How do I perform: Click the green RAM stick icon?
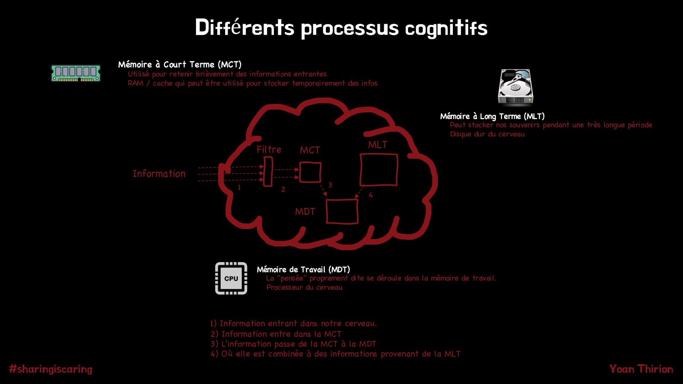pos(76,73)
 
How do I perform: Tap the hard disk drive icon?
pos(515,87)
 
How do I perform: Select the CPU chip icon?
pos(231,278)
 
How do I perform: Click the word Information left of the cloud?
pos(159,174)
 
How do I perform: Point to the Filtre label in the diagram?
pos(269,150)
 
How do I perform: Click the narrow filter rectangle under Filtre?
pos(268,172)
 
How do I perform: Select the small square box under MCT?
pos(310,172)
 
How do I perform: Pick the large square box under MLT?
pos(378,170)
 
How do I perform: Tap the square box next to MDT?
pos(342,212)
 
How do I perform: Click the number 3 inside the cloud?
pos(330,185)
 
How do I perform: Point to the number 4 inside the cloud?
pos(371,195)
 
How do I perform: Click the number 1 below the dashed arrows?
pos(239,187)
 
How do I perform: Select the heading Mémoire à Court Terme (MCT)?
pos(180,65)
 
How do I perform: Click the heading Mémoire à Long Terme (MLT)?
pos(492,116)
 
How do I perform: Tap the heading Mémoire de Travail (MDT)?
pos(303,270)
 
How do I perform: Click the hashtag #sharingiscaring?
pos(51,369)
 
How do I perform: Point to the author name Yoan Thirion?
pos(641,369)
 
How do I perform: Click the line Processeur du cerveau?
pos(304,287)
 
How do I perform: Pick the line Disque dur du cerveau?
pos(487,134)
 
